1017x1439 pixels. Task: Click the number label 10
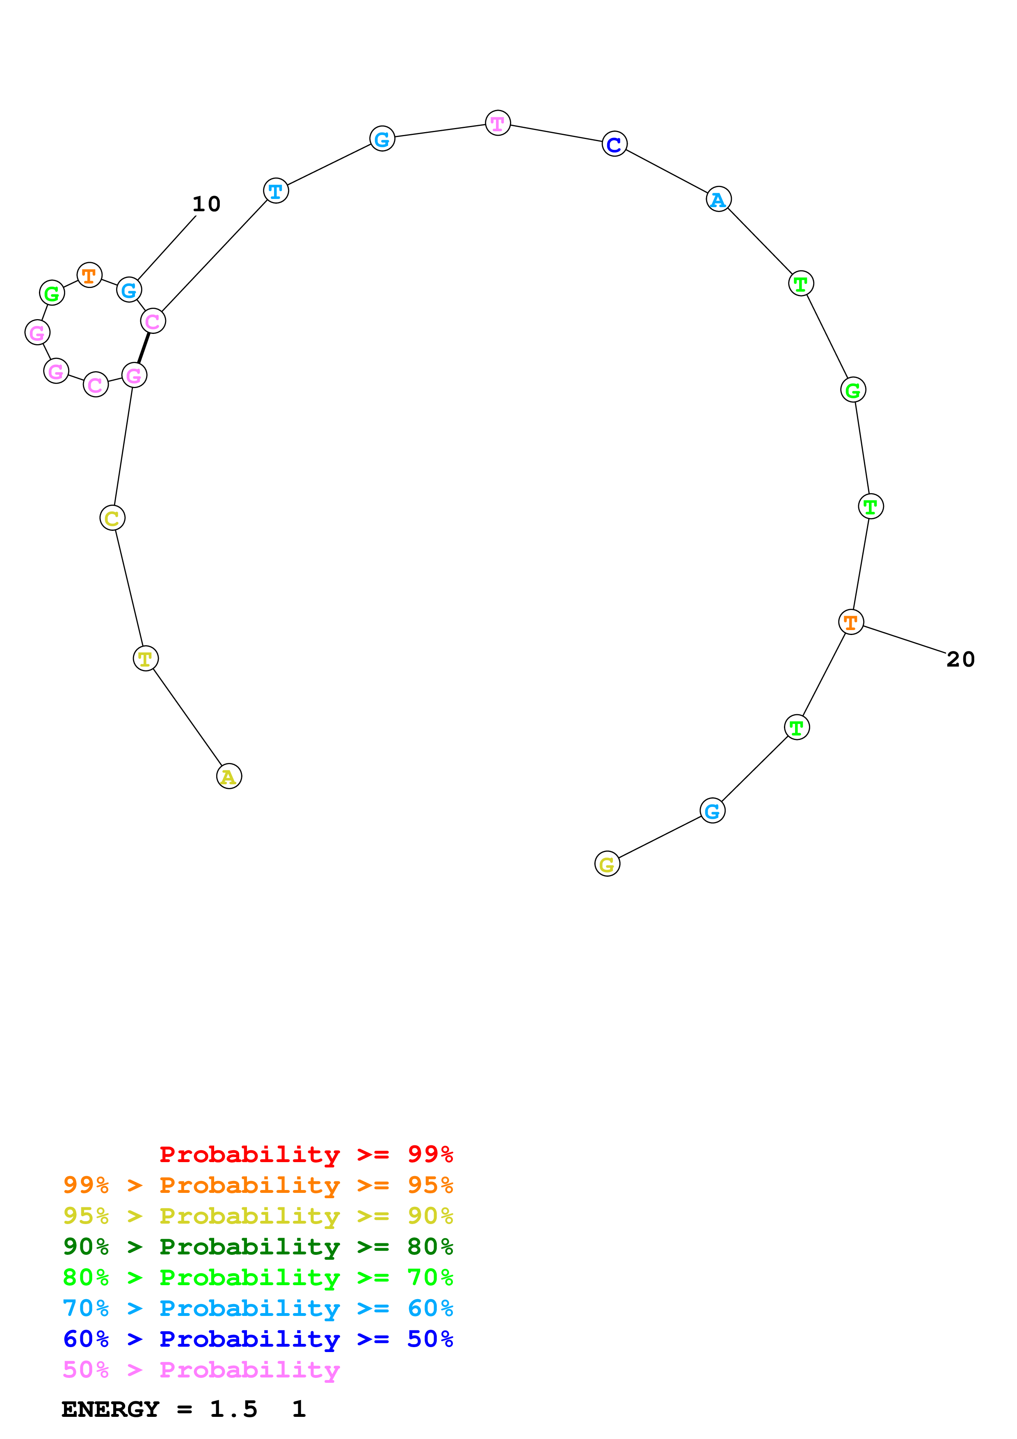tap(206, 204)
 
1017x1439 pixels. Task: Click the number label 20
tap(960, 659)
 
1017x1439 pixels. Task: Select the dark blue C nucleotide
tap(614, 144)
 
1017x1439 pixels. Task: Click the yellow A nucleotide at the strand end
tap(229, 777)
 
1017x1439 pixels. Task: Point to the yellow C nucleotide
tap(112, 518)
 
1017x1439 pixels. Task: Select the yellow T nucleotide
tap(145, 659)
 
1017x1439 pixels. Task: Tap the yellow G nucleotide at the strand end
tap(607, 864)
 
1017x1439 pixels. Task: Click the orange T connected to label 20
tap(850, 622)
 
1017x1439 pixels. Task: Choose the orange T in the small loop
tap(89, 275)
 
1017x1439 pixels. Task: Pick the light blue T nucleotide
tap(276, 191)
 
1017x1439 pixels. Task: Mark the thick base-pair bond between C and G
tap(144, 348)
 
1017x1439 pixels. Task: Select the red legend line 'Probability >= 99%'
tap(306, 1154)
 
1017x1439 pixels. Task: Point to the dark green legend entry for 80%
tap(258, 1247)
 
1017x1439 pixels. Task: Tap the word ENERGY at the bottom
tap(110, 1409)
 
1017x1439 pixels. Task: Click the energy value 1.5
tap(233, 1409)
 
